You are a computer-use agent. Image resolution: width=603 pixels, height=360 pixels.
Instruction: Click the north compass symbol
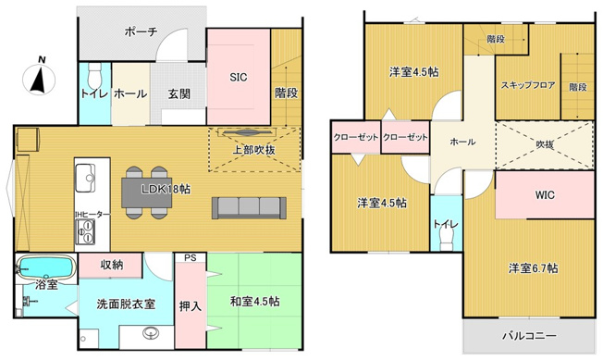point(39,78)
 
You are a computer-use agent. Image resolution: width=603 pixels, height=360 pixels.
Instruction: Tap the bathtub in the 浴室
point(46,267)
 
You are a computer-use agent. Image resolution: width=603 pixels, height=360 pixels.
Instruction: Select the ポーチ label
point(142,31)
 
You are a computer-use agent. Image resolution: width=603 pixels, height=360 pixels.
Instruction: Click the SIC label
point(239,77)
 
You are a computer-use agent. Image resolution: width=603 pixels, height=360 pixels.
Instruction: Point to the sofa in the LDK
point(249,208)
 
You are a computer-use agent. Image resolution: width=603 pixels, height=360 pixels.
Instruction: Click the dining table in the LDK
point(147,192)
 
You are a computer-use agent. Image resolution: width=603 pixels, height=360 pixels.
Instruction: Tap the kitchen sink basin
point(85,178)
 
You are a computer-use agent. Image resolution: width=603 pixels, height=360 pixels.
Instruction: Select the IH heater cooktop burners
point(84,231)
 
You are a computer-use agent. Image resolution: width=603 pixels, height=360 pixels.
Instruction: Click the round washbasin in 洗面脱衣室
point(151,332)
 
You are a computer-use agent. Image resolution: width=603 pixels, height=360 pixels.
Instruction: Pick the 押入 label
point(191,306)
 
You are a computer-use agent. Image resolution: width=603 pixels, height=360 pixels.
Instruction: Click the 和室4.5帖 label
point(254,302)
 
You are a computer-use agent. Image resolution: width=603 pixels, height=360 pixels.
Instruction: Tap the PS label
point(191,257)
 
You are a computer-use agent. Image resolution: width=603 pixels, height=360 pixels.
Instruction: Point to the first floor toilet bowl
point(94,76)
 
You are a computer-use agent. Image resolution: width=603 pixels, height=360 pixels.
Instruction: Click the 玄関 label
point(179,93)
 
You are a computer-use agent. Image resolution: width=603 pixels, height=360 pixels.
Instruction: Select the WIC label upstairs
point(545,195)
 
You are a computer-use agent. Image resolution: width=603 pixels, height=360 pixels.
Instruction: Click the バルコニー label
point(530,336)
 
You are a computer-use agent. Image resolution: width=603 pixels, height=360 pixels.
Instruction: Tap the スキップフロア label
point(527,85)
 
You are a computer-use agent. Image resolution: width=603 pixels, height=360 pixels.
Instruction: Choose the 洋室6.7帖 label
point(534,268)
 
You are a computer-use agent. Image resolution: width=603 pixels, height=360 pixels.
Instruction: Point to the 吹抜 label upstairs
point(545,144)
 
